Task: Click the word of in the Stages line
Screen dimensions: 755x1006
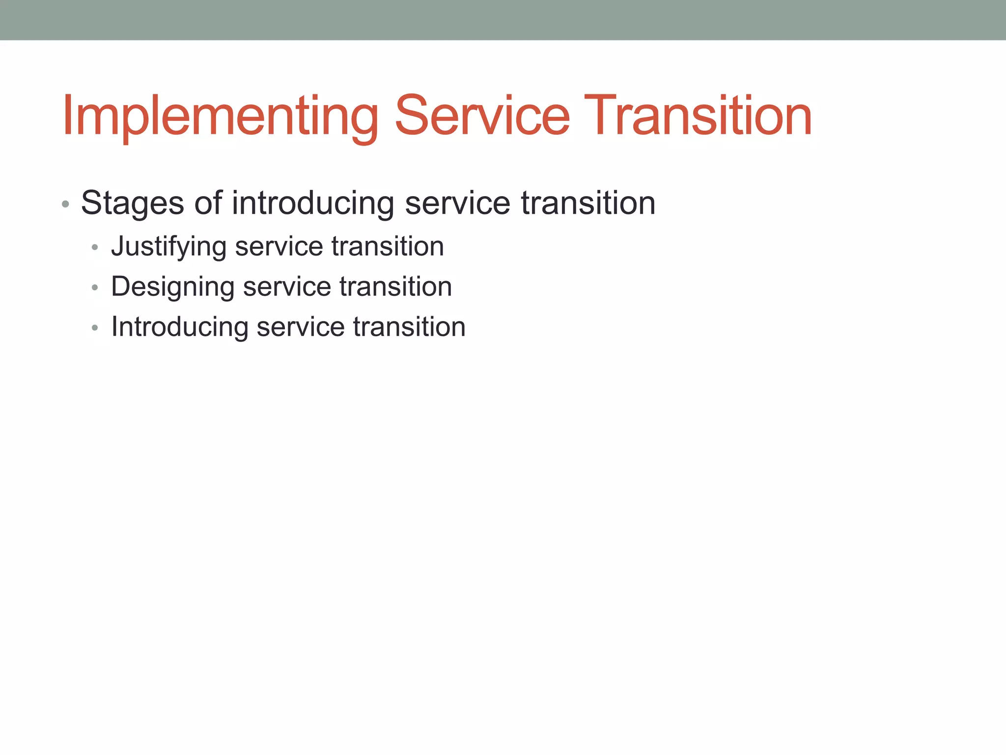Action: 208,203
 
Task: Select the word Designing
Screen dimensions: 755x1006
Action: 172,287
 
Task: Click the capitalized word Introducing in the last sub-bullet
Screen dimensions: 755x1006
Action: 179,327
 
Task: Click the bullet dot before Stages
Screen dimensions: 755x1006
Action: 65,203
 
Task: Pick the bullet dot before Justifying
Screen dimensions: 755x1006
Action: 95,247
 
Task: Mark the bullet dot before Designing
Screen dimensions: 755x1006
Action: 95,288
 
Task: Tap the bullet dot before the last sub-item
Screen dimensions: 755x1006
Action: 95,328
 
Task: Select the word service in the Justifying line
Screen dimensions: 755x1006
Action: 279,246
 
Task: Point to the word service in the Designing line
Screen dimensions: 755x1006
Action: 287,287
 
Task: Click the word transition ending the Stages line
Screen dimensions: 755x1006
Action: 588,203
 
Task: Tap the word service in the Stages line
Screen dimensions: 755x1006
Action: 457,203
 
